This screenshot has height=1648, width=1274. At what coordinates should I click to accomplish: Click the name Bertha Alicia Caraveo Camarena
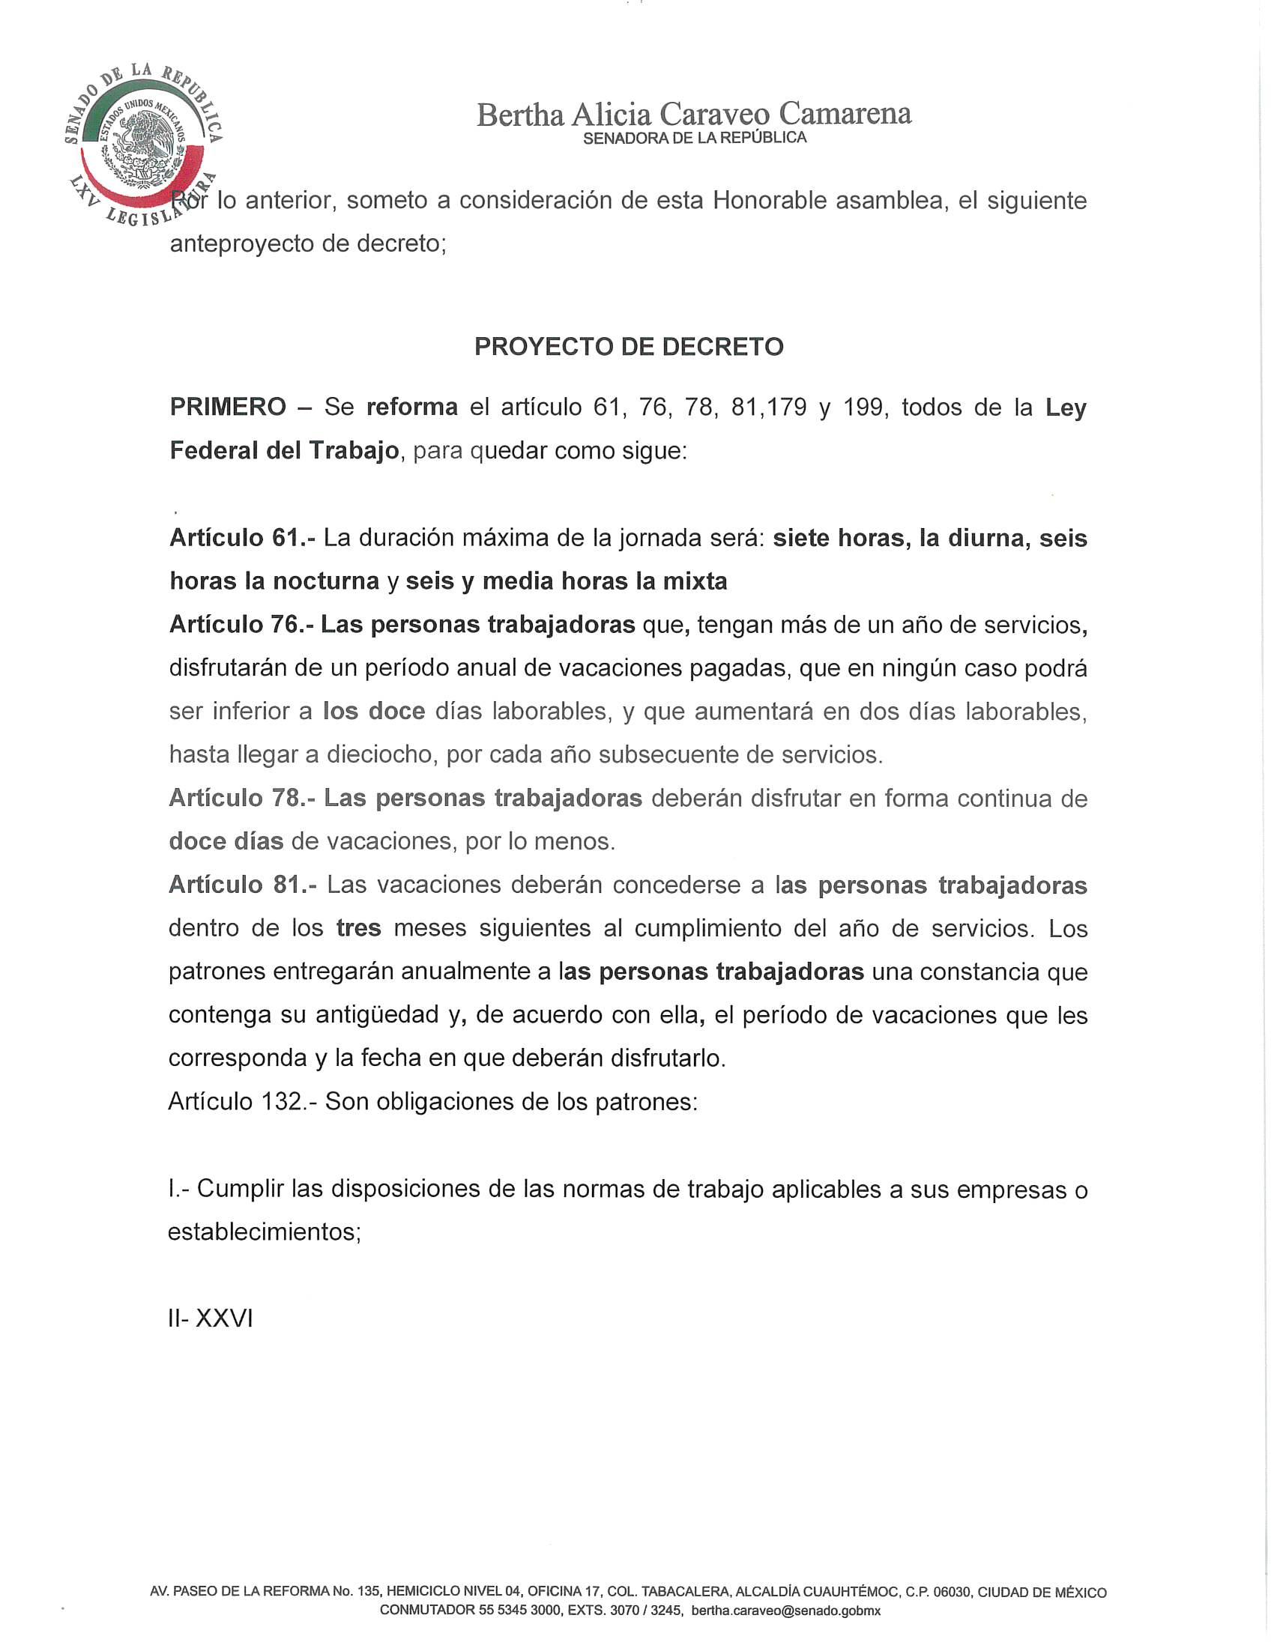click(x=694, y=114)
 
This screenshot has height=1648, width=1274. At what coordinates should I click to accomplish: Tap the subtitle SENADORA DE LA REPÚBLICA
click(x=695, y=138)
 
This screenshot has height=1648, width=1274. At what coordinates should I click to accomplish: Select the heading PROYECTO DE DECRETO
click(x=629, y=346)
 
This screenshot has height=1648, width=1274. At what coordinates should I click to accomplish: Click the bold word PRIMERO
click(x=228, y=408)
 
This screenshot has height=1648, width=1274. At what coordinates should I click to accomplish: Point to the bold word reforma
click(x=412, y=408)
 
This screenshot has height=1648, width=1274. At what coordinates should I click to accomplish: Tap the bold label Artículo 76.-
click(x=241, y=625)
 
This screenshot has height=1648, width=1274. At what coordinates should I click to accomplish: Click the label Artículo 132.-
click(x=243, y=1102)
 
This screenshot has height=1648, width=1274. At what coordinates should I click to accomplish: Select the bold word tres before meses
click(x=358, y=928)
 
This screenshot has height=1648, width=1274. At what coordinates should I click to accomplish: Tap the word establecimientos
click(x=264, y=1232)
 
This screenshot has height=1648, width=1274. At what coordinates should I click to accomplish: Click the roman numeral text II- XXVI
click(x=211, y=1318)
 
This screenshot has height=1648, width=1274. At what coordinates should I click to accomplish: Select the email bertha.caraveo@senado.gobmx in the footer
click(x=785, y=1611)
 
